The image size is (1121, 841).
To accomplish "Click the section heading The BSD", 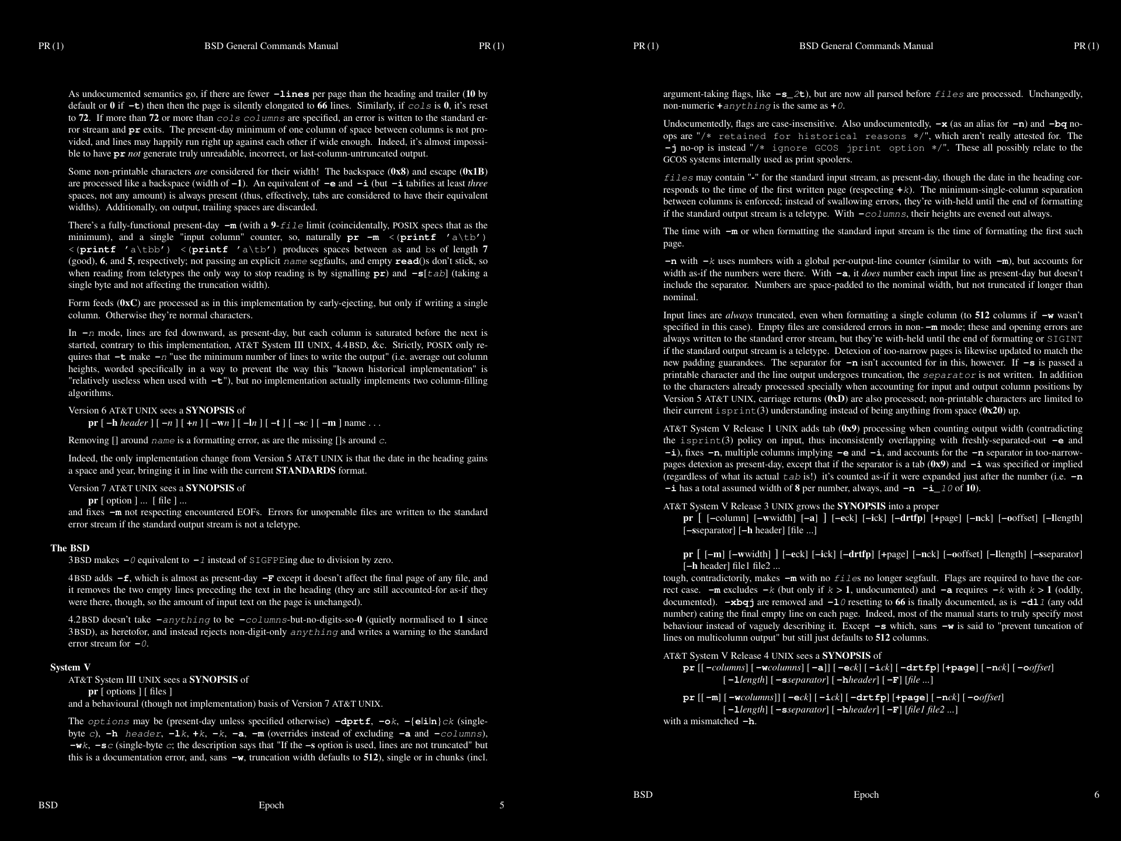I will (x=69, y=548).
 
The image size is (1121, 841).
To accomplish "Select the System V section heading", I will (x=70, y=667).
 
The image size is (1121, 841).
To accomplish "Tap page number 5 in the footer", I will (x=502, y=805).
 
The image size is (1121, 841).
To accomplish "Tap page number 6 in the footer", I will (x=1096, y=794).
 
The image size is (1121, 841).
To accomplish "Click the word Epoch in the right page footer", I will (x=866, y=794).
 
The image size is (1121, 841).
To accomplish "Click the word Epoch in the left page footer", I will (x=271, y=805).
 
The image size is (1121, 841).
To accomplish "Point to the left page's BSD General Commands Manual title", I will (x=271, y=46).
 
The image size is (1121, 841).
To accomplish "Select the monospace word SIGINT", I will (x=1064, y=339).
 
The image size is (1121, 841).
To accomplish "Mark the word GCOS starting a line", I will (x=673, y=159).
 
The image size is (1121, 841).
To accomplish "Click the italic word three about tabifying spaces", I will (x=478, y=183).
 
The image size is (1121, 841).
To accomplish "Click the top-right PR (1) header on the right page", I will (x=1086, y=46).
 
